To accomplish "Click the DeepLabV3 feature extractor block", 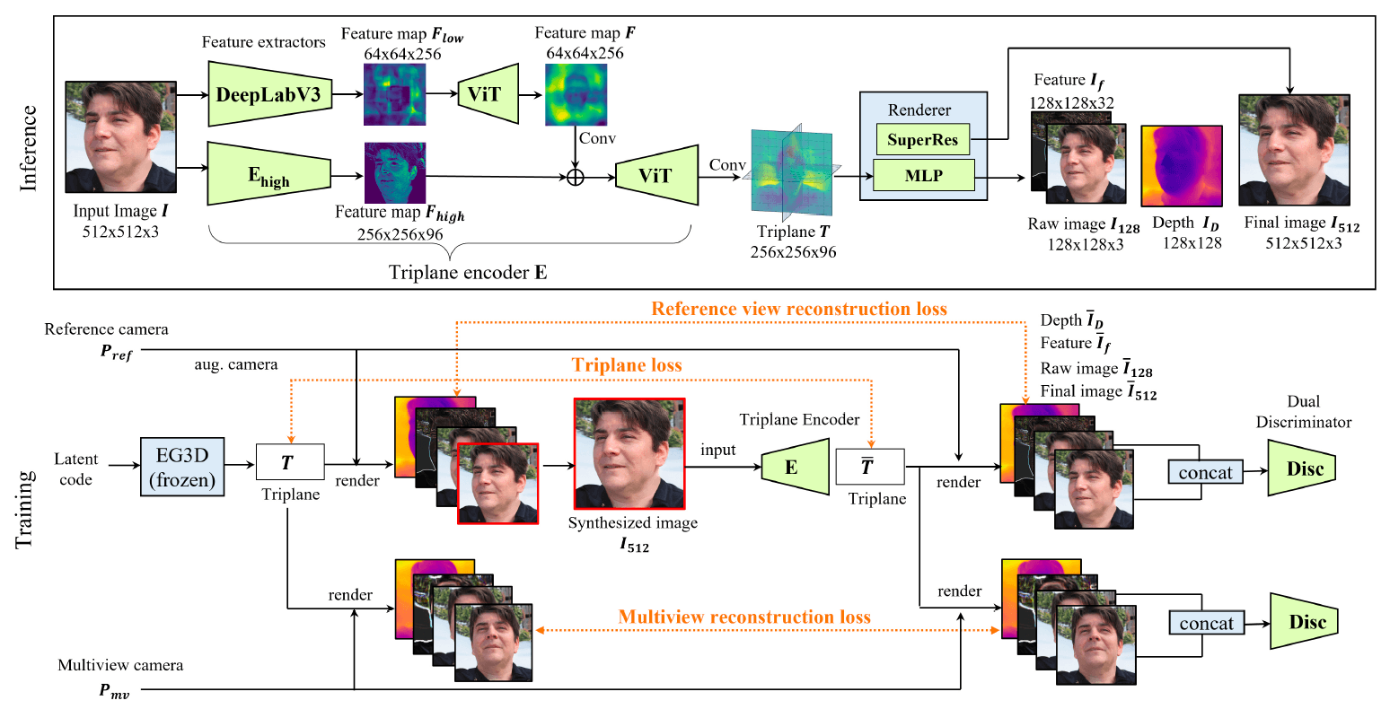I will pos(268,94).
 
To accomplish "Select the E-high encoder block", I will pos(268,174).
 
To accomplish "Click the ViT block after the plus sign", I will pos(655,175).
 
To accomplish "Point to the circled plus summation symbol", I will pos(576,177).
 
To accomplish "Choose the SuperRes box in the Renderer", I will pos(922,139).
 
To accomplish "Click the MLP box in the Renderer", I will pos(923,175).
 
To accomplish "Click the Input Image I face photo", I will pos(120,137).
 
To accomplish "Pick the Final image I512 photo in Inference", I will pos(1293,150).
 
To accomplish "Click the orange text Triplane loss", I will pos(627,365).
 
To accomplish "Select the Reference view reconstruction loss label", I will pos(798,309).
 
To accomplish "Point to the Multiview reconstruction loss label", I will pos(743,617).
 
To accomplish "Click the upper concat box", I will pos(1205,472).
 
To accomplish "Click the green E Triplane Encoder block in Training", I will pos(793,467).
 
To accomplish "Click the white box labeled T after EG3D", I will pos(289,463).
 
